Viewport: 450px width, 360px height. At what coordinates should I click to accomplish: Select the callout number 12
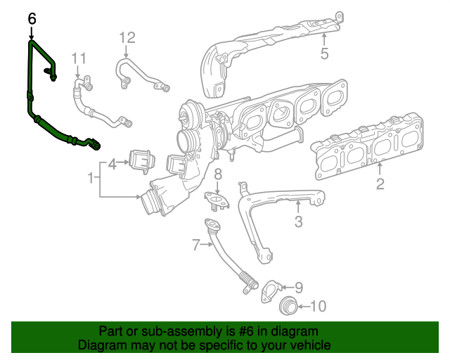[x=126, y=37]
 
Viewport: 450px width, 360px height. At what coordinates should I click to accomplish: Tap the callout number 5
[x=324, y=53]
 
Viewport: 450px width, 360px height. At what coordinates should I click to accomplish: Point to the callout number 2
[x=380, y=184]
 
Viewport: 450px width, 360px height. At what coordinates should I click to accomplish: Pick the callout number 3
[x=298, y=223]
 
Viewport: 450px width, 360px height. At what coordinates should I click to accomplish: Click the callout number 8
[x=218, y=173]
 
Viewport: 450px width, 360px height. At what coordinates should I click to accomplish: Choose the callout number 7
[x=196, y=245]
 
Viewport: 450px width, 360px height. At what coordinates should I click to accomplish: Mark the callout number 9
[x=298, y=287]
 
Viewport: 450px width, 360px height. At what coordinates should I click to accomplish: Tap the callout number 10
[x=319, y=306]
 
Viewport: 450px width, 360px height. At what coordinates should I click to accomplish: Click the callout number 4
[x=112, y=165]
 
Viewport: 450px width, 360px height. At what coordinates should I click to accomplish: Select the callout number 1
[x=91, y=179]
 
